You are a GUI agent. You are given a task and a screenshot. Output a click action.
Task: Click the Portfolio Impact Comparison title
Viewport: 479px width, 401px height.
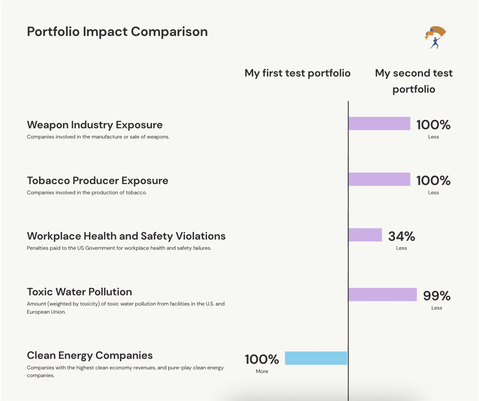[117, 32]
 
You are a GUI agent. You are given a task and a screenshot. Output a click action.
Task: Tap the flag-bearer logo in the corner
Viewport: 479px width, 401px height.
[435, 37]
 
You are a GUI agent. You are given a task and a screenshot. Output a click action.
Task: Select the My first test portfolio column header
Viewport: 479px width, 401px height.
[298, 73]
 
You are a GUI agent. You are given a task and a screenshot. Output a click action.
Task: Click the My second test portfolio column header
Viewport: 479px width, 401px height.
[414, 81]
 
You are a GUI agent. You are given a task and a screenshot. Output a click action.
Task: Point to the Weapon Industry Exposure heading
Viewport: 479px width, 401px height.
[95, 125]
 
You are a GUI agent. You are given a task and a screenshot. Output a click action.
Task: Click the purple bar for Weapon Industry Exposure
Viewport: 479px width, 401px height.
[379, 124]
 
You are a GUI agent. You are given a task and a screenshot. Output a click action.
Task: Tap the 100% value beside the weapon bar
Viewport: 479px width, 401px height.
[433, 125]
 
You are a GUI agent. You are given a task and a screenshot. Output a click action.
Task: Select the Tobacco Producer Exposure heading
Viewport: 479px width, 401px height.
[97, 181]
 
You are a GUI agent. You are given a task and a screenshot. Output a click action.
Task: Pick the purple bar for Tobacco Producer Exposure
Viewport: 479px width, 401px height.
[379, 179]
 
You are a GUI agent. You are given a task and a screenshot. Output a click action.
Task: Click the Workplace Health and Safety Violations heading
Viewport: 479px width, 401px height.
[126, 236]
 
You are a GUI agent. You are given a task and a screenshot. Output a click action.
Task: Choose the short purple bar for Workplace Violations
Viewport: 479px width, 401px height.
[365, 235]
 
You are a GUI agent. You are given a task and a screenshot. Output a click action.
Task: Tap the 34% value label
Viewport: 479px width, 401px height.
[401, 236]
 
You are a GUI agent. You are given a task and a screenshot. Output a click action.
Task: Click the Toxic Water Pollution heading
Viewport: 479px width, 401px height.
[79, 292]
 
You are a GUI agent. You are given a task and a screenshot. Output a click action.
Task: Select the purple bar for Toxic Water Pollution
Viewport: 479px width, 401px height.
[383, 294]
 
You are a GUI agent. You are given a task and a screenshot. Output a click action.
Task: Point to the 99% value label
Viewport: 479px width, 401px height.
[437, 296]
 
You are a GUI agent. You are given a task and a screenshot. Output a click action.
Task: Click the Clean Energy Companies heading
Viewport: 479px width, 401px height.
[90, 356]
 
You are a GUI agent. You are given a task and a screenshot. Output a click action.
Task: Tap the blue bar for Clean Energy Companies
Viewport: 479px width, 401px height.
[316, 358]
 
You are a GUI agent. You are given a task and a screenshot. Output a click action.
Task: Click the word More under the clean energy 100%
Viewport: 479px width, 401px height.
[262, 372]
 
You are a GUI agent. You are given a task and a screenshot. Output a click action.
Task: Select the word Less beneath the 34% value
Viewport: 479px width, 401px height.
[401, 248]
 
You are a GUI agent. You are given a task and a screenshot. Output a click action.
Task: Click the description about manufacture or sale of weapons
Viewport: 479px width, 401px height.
[98, 137]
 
